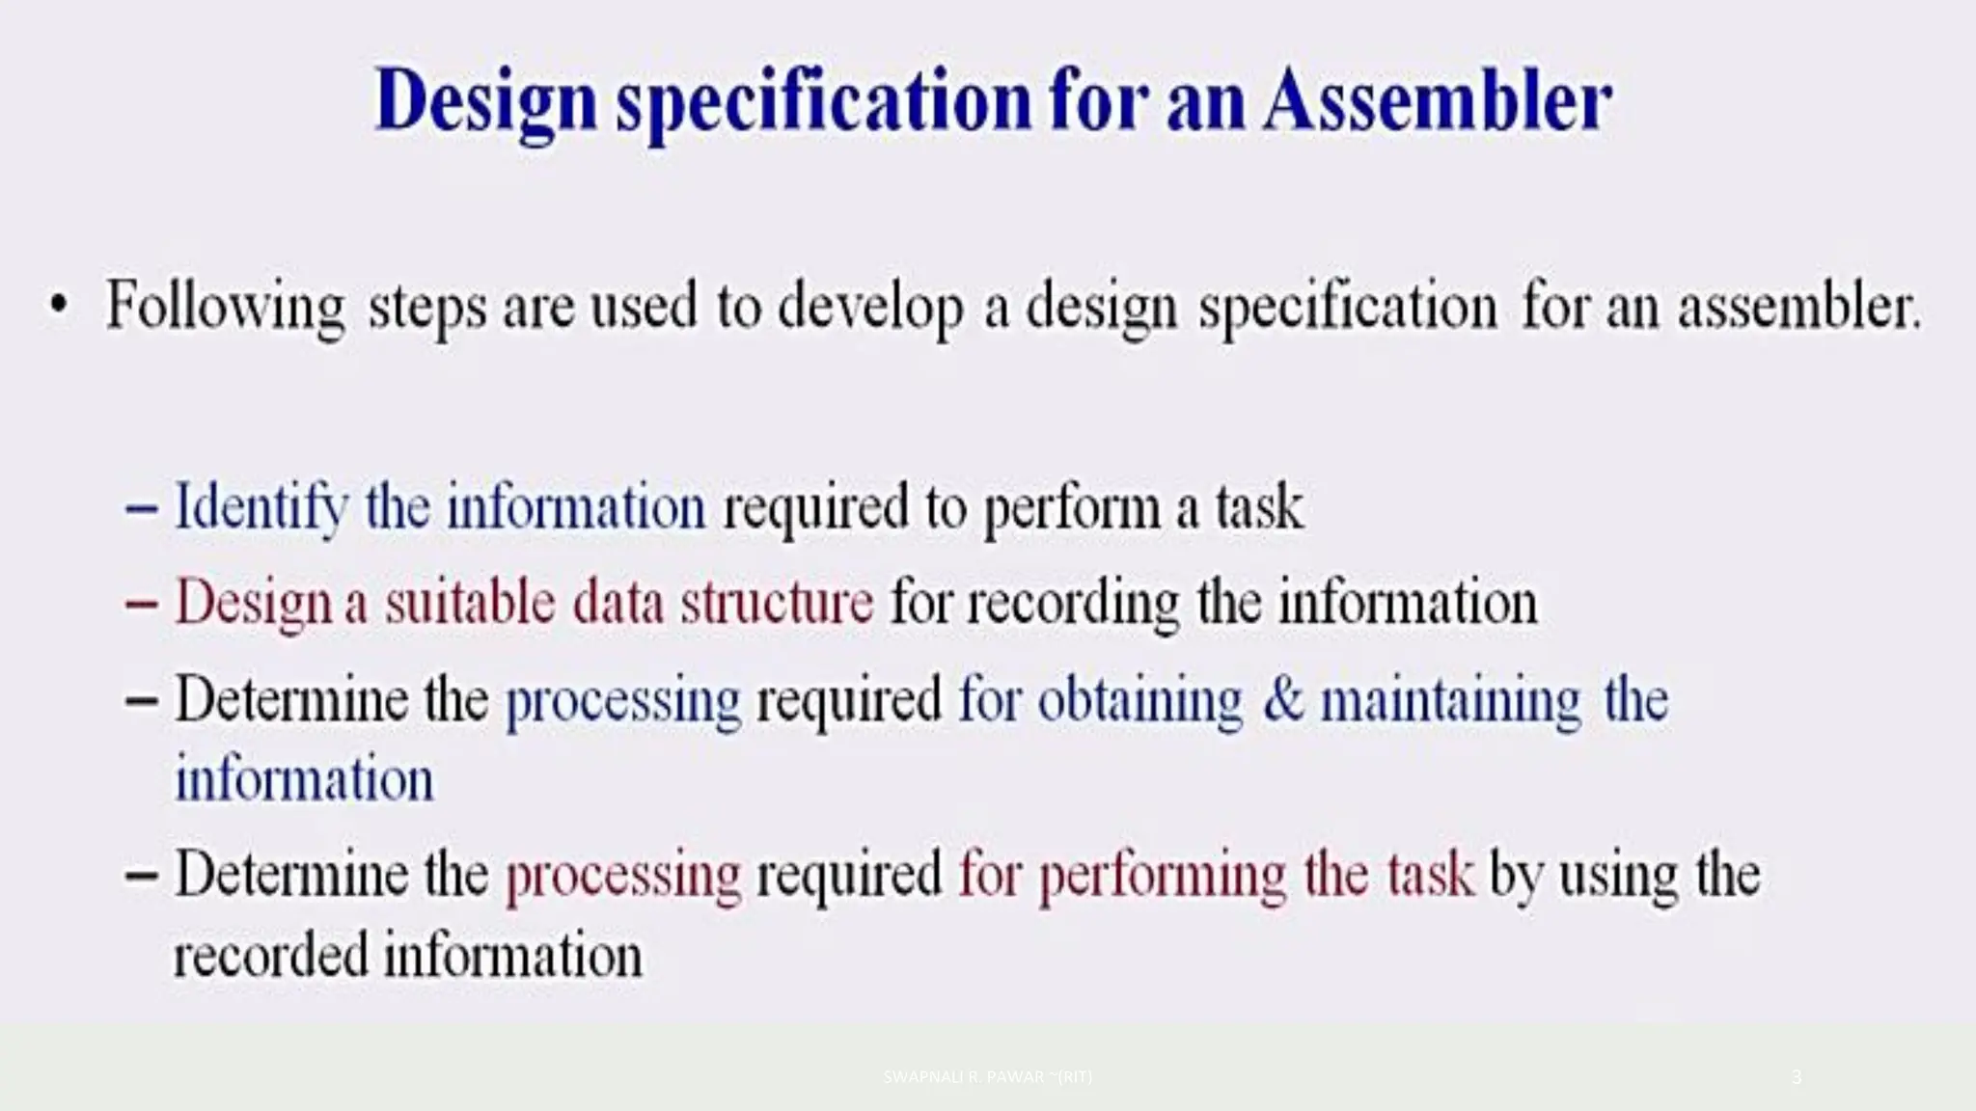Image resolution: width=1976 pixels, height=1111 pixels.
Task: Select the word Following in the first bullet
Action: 225,307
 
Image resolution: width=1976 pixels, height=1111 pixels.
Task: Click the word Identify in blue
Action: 261,508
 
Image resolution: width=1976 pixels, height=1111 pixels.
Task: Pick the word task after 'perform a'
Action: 1259,508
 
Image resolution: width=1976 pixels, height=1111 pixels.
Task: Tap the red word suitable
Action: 470,603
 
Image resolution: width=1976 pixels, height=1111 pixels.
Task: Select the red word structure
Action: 777,603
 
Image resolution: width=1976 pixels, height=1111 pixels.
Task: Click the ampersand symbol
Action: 1282,699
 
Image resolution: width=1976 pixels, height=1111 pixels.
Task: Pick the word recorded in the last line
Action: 271,955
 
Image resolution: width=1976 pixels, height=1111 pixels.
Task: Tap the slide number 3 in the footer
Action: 1796,1076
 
